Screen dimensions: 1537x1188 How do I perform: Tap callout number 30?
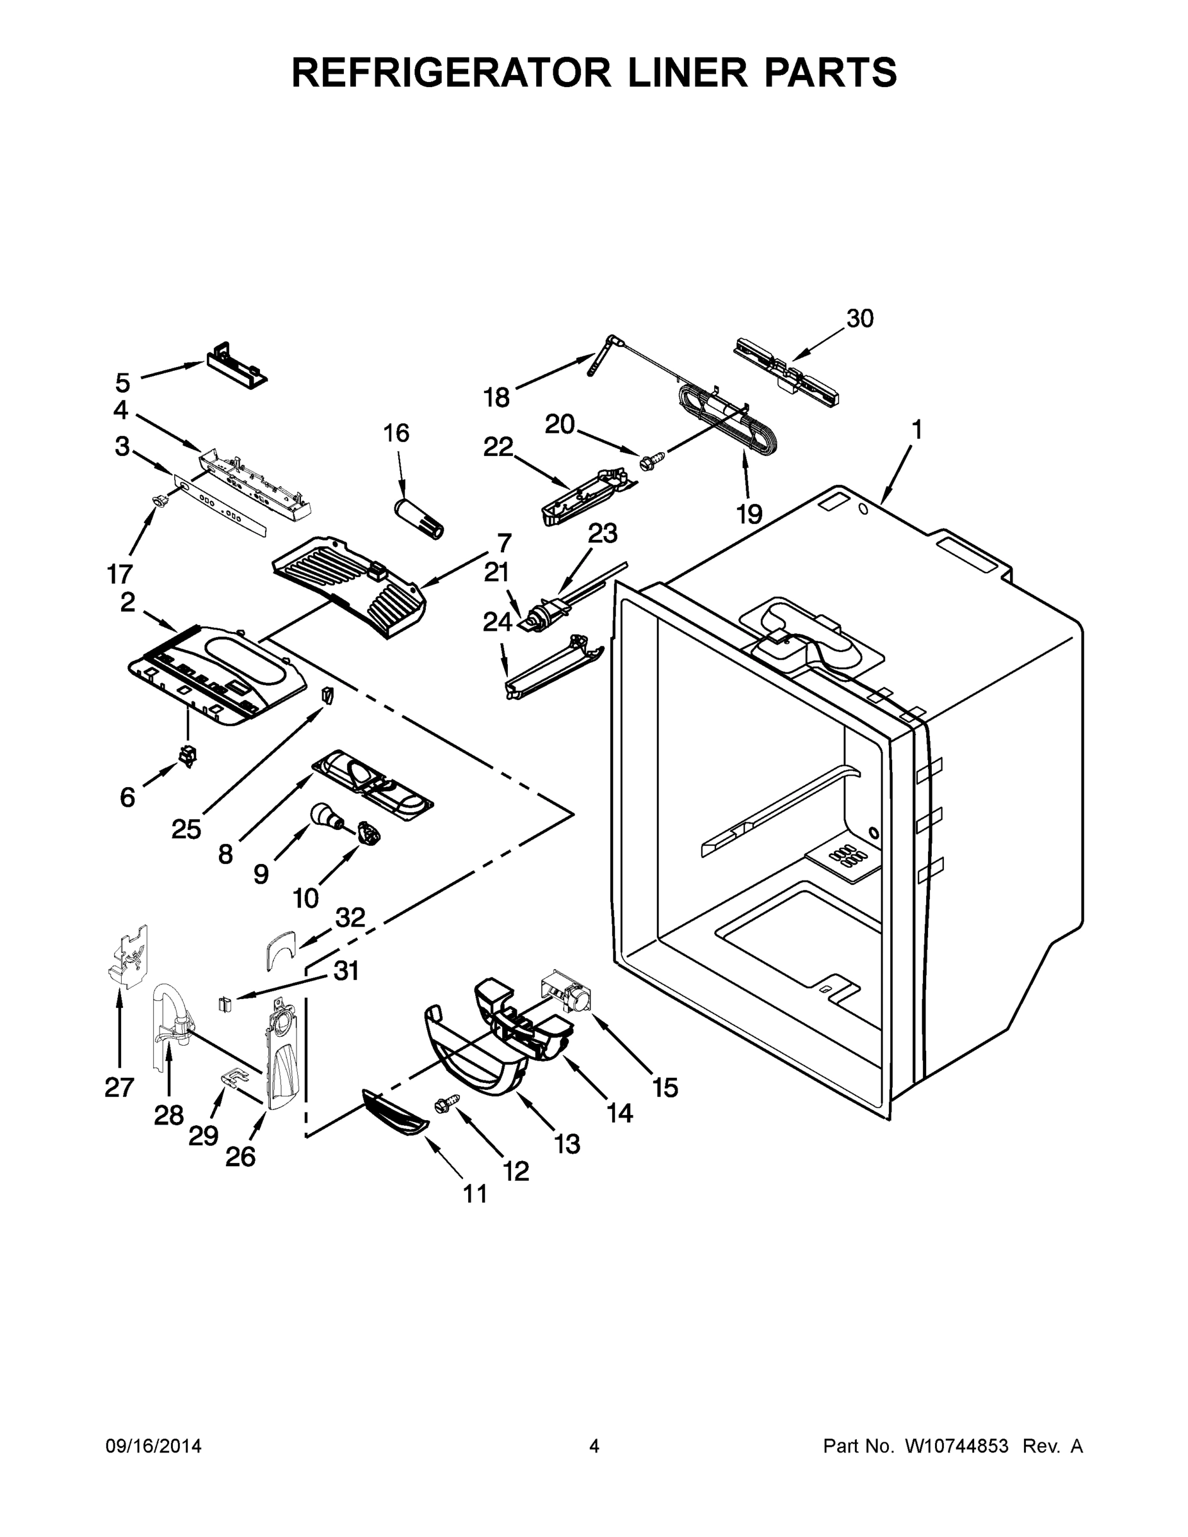pyautogui.click(x=859, y=319)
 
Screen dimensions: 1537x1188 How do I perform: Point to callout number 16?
pyautogui.click(x=396, y=434)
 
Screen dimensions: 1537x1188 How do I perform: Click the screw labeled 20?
pyautogui.click(x=649, y=462)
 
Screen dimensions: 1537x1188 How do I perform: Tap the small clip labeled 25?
pyautogui.click(x=327, y=695)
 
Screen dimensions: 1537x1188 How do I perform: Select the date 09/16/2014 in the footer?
pyautogui.click(x=154, y=1446)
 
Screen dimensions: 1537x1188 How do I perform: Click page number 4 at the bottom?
pyautogui.click(x=594, y=1446)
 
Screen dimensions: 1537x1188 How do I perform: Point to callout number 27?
pyautogui.click(x=119, y=1087)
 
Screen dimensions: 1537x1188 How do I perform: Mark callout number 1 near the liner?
pyautogui.click(x=916, y=429)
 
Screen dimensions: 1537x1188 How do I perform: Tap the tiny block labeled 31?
pyautogui.click(x=225, y=1004)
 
